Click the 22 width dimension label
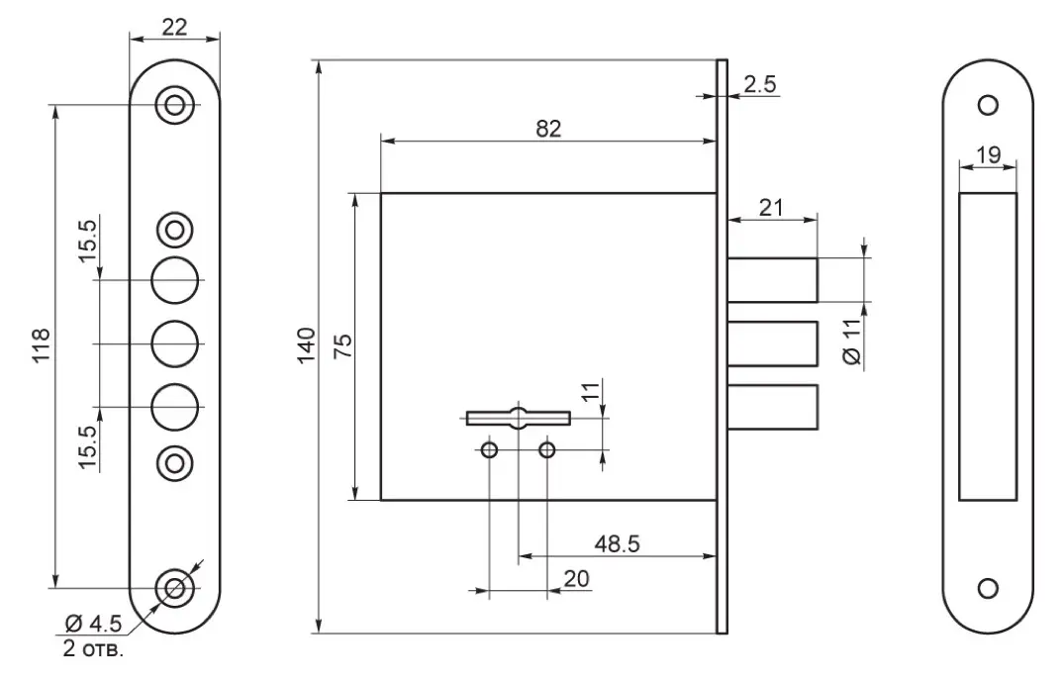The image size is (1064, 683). coord(174,27)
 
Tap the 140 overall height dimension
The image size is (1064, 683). coord(307,345)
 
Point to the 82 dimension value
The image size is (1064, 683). coord(548,129)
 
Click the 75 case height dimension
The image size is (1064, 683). coord(344,345)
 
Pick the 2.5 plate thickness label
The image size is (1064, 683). coord(759,84)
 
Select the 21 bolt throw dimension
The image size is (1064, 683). coord(771,207)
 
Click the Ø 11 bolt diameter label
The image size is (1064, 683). coord(852,341)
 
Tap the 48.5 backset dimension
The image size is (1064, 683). coord(617,543)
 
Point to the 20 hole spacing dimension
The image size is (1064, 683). coord(576,578)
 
